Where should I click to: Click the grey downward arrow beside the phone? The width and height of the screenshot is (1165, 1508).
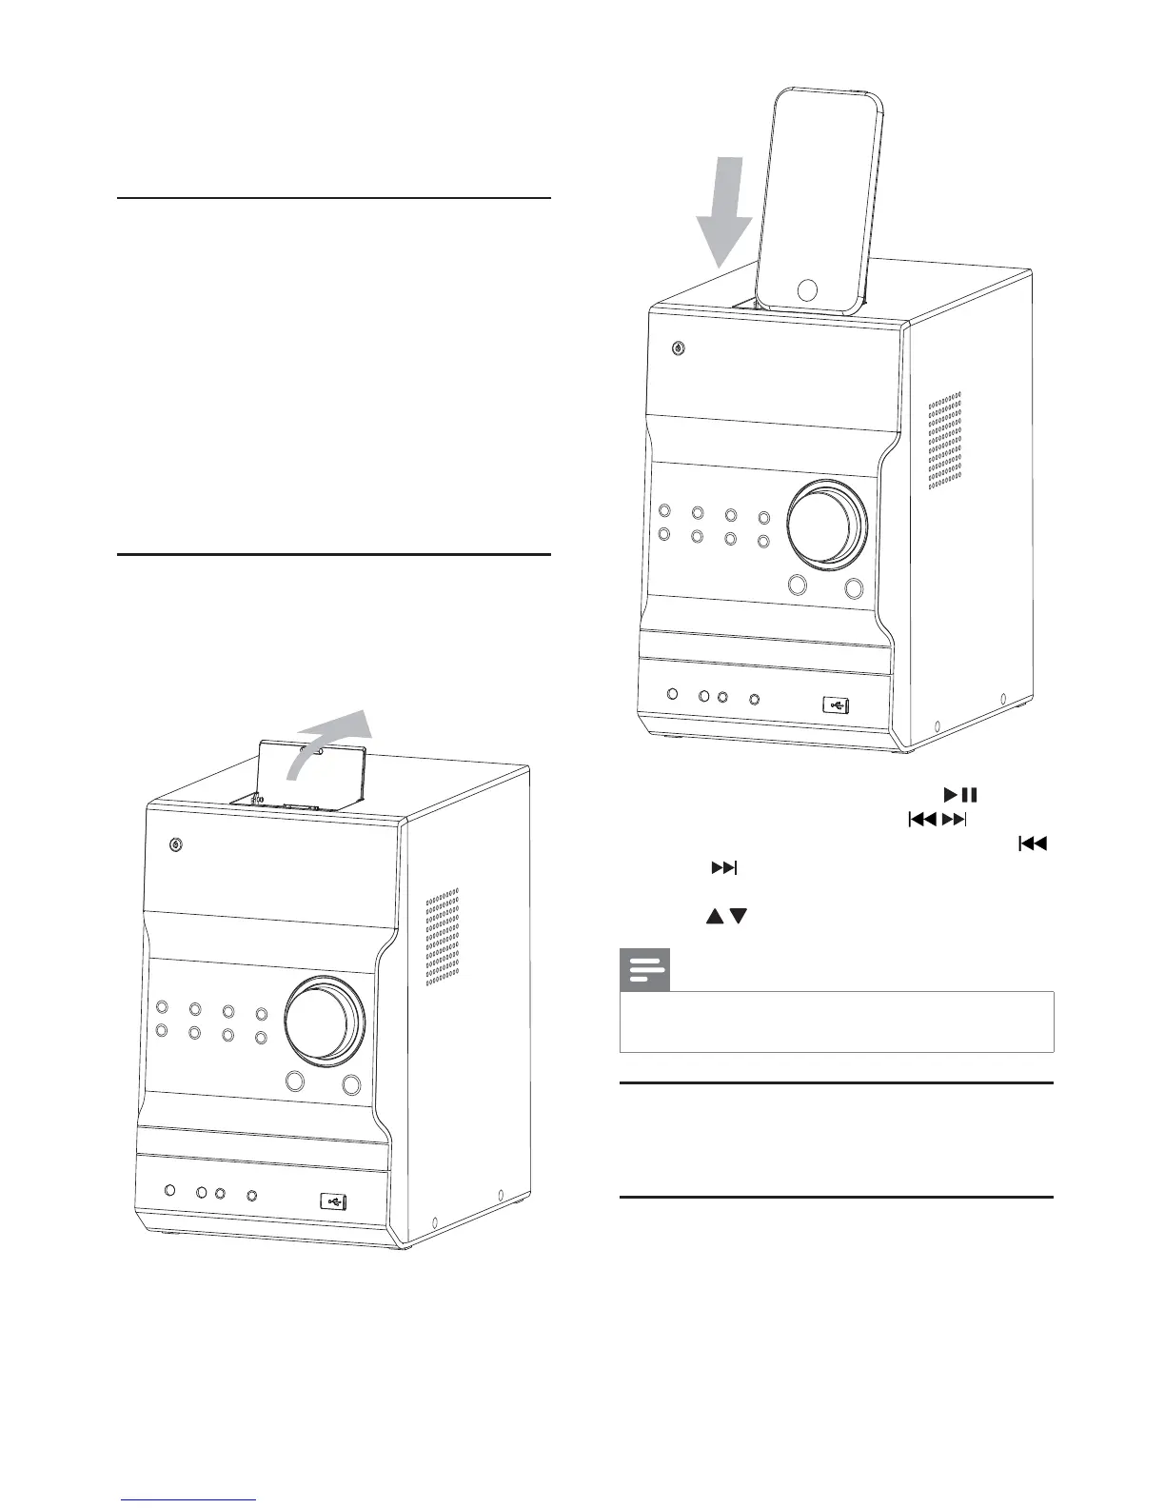(x=723, y=214)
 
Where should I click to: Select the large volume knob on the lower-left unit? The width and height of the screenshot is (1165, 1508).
(x=325, y=1019)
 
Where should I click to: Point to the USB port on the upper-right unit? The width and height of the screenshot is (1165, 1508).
(x=836, y=705)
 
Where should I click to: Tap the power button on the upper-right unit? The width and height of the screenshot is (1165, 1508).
(x=677, y=347)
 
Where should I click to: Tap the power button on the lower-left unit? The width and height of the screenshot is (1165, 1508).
(x=175, y=844)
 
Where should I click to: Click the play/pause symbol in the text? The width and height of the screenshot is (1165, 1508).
(x=961, y=794)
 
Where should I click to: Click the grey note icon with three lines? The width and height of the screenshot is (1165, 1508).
(x=645, y=970)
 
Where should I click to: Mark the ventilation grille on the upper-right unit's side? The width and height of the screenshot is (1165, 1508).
(x=943, y=439)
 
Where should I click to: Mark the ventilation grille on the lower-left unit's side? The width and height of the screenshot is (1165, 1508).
(x=442, y=936)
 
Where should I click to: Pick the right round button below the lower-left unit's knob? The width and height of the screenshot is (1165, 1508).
(x=352, y=1082)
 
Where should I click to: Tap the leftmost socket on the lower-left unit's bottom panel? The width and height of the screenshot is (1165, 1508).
(x=169, y=1191)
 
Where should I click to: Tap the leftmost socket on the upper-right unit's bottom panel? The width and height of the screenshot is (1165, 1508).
(x=673, y=696)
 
